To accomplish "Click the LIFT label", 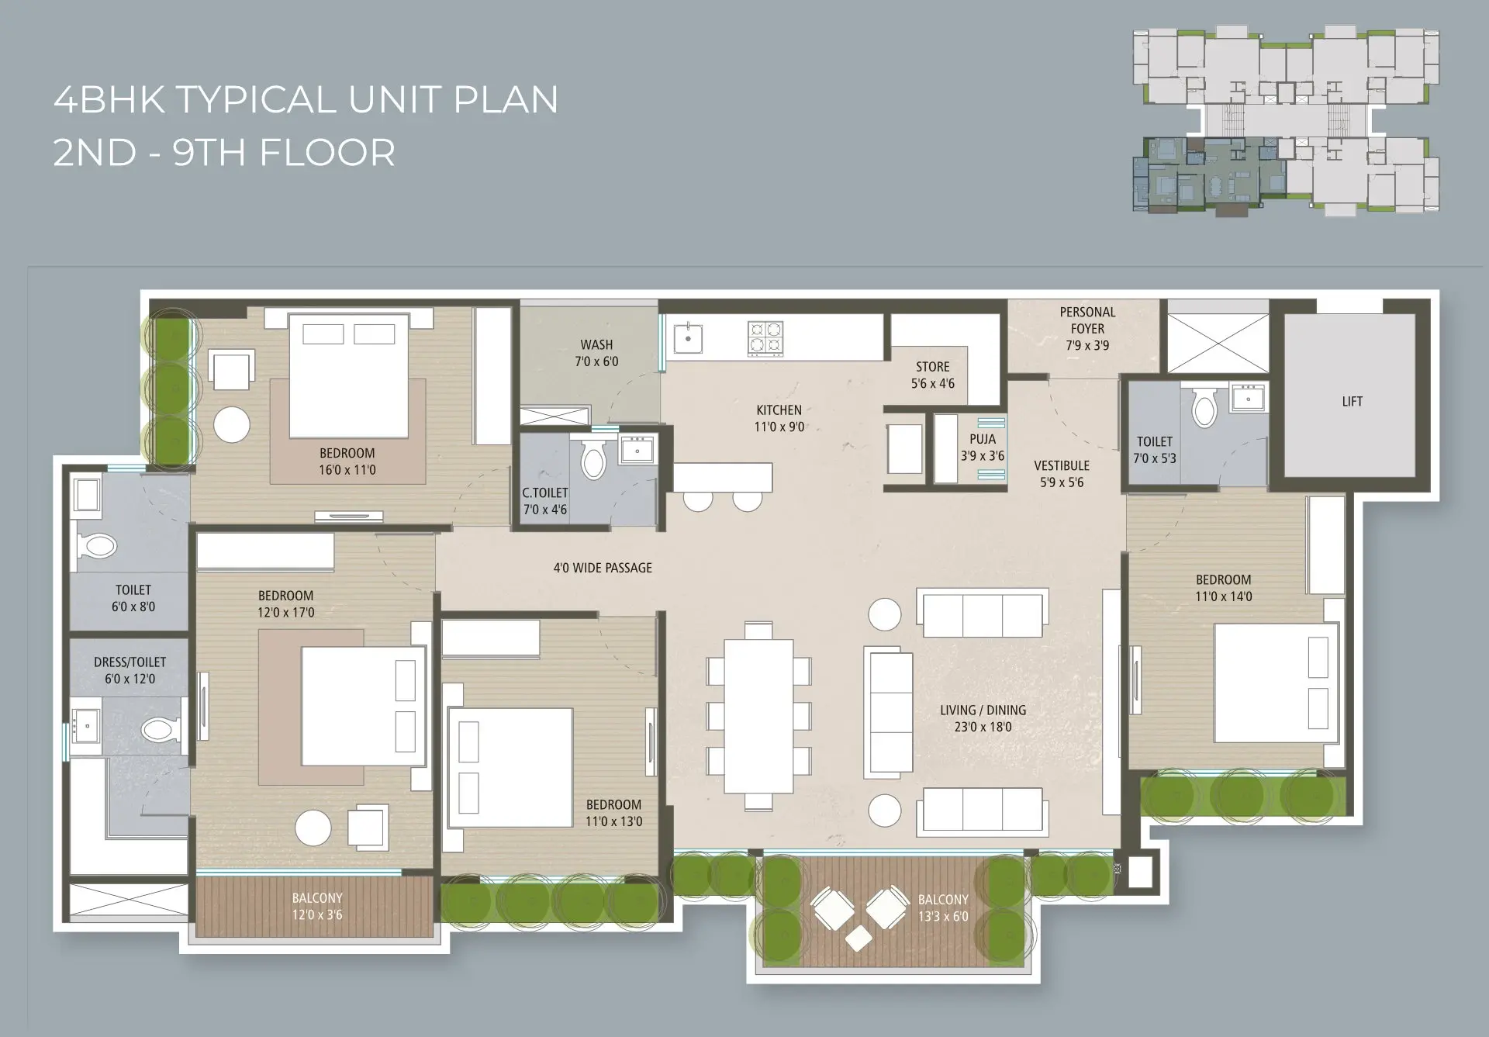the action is tap(1352, 402).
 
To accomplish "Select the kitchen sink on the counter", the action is tap(688, 338).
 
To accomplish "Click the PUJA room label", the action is tap(983, 439).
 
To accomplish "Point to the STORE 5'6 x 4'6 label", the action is tap(932, 375).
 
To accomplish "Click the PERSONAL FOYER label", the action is tap(1087, 320).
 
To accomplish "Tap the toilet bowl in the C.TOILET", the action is tap(594, 459).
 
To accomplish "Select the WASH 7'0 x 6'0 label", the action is tap(596, 353).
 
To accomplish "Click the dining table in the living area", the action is tap(758, 715).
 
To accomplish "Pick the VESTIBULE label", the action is tap(1062, 465).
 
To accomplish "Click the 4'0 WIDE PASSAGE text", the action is tap(603, 568).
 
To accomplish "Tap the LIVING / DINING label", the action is tap(983, 710).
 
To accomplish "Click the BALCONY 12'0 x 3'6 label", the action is tap(317, 906).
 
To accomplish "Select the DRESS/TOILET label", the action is tap(130, 662).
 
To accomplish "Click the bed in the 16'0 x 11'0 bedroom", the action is tap(348, 375).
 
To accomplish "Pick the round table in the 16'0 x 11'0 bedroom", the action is tap(232, 425).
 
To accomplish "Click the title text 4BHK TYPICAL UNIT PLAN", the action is tap(306, 99).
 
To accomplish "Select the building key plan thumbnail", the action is tap(1287, 122).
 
